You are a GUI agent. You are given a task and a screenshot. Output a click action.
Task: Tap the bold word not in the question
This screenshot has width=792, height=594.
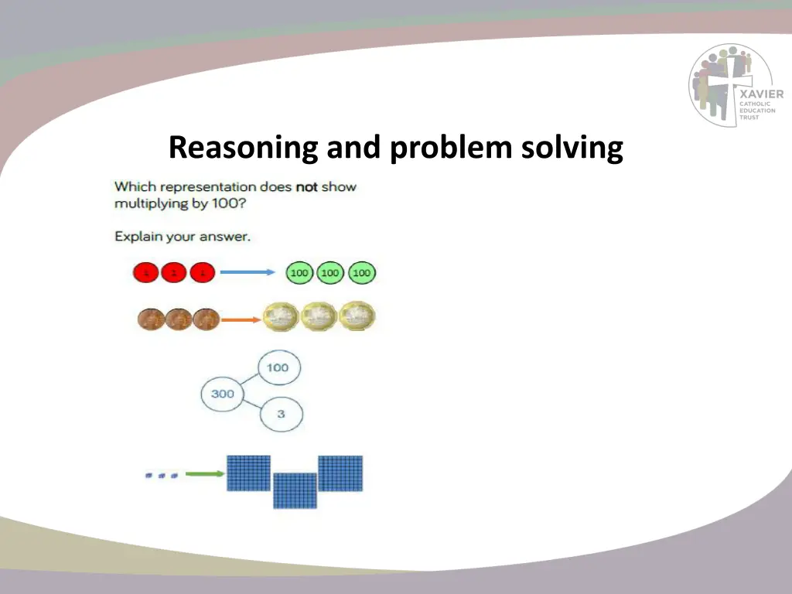coord(307,187)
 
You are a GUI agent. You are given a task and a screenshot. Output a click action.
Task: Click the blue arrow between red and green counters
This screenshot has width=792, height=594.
coord(247,272)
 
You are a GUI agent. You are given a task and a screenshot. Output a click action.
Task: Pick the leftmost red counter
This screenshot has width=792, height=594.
coord(145,273)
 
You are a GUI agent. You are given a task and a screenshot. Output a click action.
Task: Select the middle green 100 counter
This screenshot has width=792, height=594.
coord(330,273)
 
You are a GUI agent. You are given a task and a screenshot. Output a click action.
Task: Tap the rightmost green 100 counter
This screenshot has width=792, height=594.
coord(361,273)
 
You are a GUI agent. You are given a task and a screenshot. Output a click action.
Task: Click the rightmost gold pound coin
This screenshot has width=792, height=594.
coord(357,316)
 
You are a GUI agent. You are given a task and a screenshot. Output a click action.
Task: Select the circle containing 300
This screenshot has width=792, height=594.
coord(222,394)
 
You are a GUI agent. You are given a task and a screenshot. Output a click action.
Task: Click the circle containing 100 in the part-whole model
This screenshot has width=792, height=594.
coord(278,367)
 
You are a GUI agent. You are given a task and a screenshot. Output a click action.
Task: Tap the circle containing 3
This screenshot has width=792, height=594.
coord(281,414)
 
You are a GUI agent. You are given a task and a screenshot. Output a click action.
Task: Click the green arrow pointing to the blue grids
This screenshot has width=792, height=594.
coord(203,474)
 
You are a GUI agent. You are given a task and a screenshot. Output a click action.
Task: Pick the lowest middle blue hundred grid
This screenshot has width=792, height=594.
coord(295,490)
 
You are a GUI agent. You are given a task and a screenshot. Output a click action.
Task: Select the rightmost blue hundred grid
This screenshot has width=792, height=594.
coord(340,473)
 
